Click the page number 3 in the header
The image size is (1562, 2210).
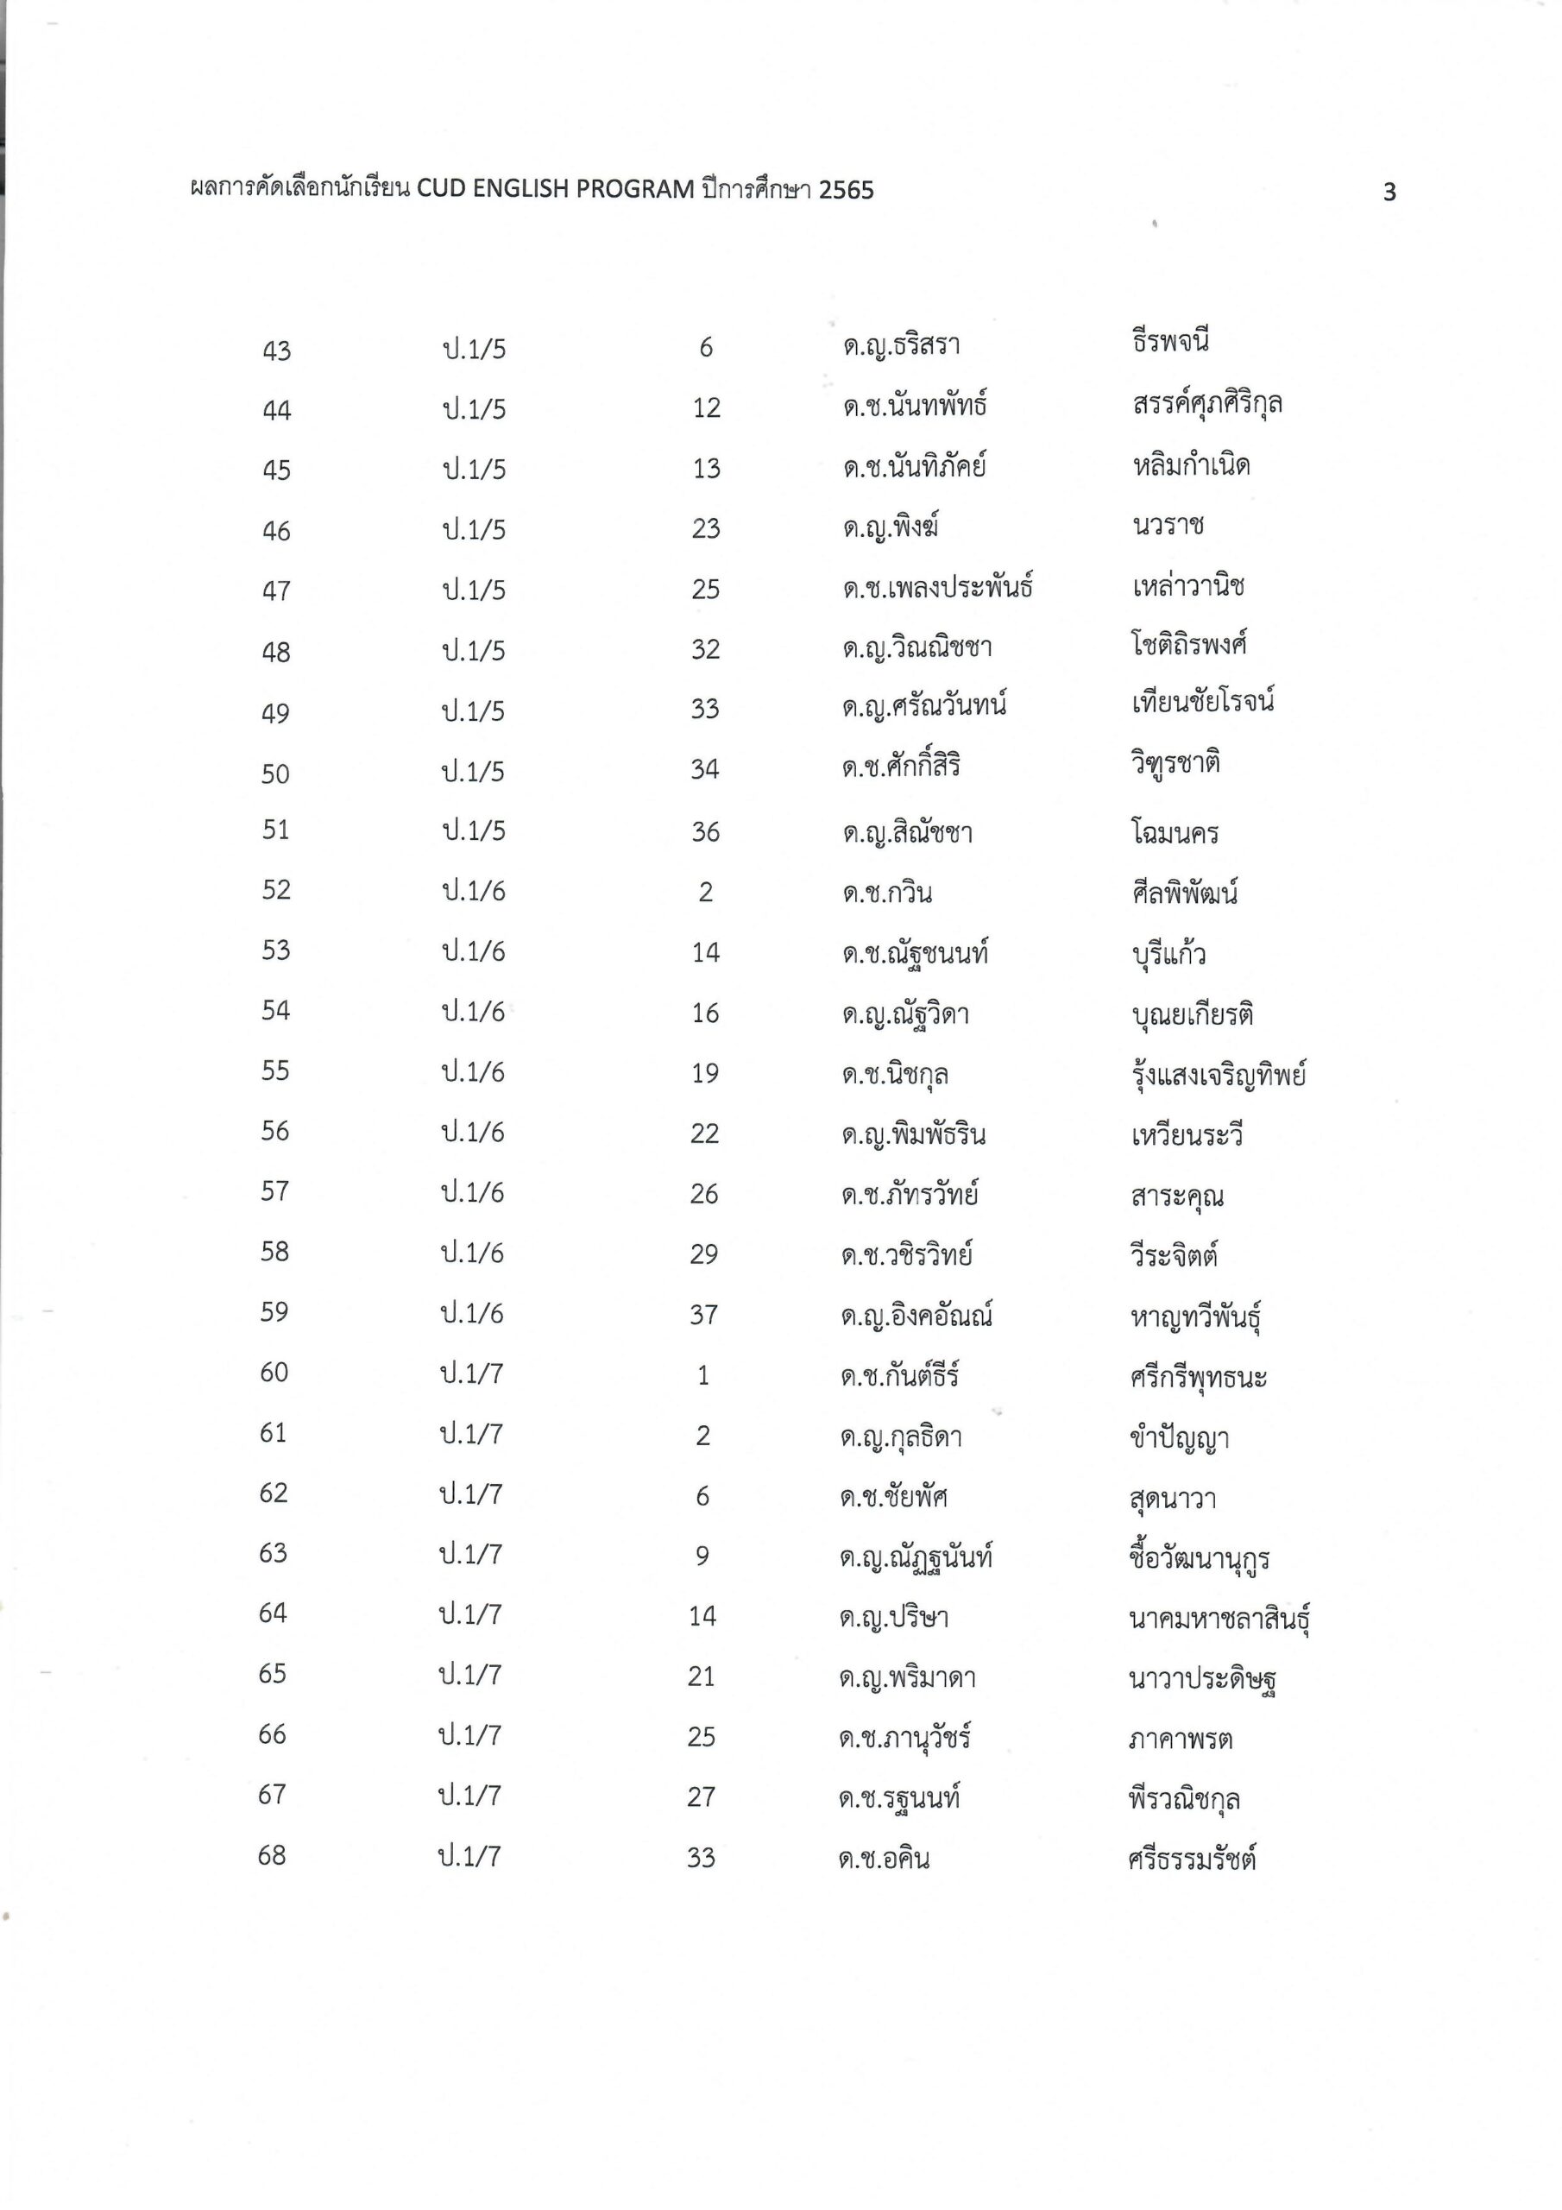[x=1389, y=193]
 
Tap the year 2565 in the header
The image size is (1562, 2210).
[x=846, y=191]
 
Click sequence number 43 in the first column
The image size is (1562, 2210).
[x=276, y=351]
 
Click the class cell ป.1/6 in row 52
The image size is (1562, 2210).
[x=474, y=891]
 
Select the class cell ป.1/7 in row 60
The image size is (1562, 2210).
[x=471, y=1373]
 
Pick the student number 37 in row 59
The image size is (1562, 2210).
[x=703, y=1315]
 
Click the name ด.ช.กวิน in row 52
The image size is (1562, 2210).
[x=886, y=893]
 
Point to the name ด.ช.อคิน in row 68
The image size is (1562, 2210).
[x=884, y=1858]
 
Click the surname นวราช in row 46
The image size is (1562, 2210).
[x=1168, y=526]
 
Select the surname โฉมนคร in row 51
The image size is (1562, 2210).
[x=1175, y=832]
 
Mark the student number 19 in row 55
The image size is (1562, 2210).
[x=704, y=1073]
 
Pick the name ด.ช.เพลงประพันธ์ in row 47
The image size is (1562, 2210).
[x=937, y=588]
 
